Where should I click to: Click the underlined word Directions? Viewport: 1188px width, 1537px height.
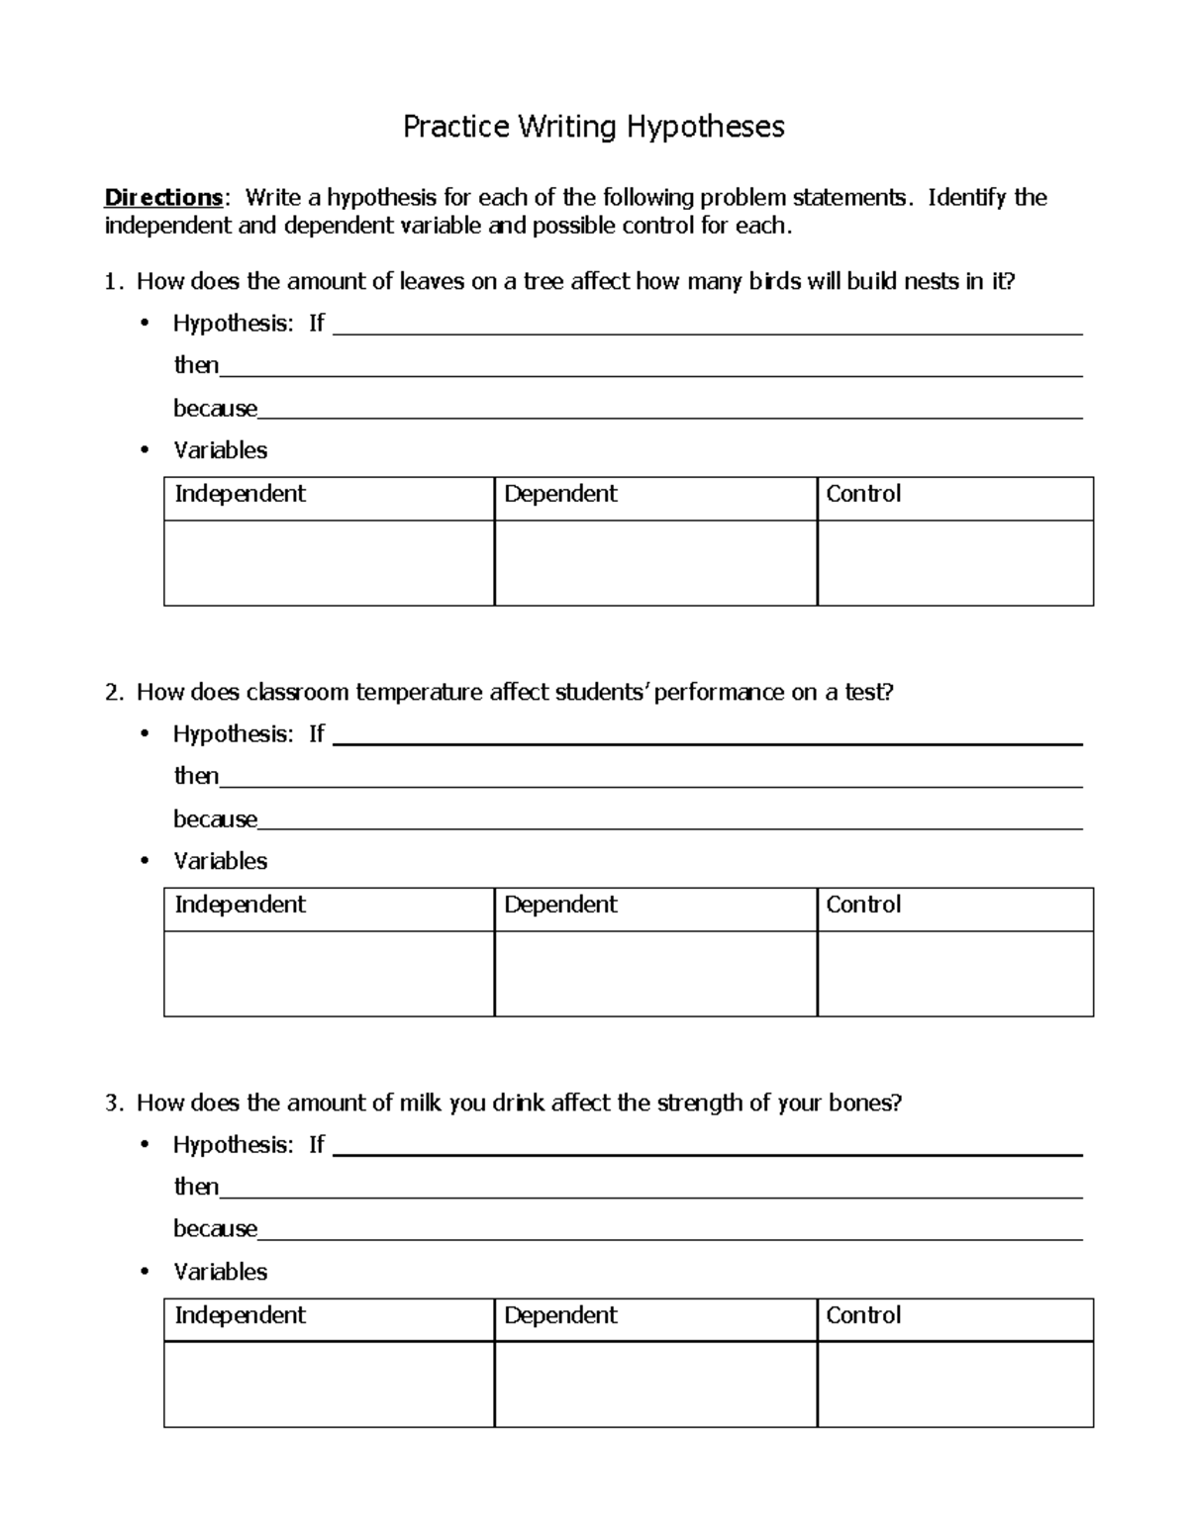[x=163, y=198]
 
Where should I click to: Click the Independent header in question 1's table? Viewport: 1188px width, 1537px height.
[x=240, y=494]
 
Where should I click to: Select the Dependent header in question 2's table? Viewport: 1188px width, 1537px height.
[x=560, y=905]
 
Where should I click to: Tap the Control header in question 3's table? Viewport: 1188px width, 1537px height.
[x=863, y=1315]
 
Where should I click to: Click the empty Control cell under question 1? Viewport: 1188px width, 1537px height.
[x=954, y=563]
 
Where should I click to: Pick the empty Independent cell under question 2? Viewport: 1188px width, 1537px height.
[x=329, y=974]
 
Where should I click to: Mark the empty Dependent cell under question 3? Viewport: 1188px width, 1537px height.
[x=655, y=1385]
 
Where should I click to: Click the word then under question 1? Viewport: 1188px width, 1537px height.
[x=196, y=365]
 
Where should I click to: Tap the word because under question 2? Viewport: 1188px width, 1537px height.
[x=215, y=819]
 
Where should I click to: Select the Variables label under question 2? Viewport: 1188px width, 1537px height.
[x=220, y=861]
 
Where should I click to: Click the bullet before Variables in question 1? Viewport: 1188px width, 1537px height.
[x=145, y=451]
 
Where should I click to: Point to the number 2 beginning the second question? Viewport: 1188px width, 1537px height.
[x=111, y=693]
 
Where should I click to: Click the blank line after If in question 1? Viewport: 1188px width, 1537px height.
[x=707, y=331]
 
